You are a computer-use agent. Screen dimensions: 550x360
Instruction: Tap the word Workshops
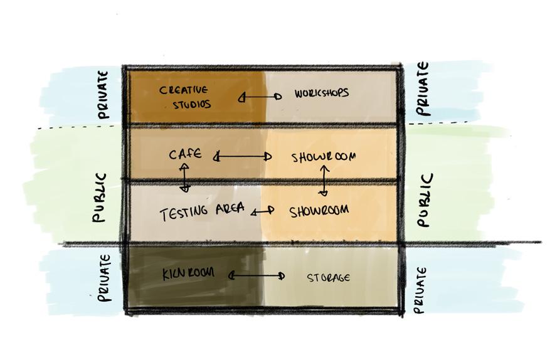click(x=321, y=93)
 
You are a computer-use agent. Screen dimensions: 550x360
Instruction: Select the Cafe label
click(x=185, y=154)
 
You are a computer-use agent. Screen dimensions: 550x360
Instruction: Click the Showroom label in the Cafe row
click(x=324, y=156)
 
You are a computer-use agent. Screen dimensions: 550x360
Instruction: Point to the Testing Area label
click(x=201, y=211)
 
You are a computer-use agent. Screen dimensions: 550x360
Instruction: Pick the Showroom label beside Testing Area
click(x=319, y=211)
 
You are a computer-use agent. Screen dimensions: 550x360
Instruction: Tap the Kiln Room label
click(x=188, y=273)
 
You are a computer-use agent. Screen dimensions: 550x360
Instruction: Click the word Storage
click(x=328, y=277)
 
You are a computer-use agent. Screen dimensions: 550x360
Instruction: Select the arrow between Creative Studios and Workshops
click(x=260, y=97)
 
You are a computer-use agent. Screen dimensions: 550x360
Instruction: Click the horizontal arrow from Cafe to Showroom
click(x=243, y=156)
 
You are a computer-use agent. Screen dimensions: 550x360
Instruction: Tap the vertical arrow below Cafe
click(x=184, y=177)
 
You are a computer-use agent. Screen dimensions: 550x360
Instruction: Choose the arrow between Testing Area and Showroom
click(x=263, y=211)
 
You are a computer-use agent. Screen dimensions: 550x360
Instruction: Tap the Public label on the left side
click(x=98, y=198)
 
